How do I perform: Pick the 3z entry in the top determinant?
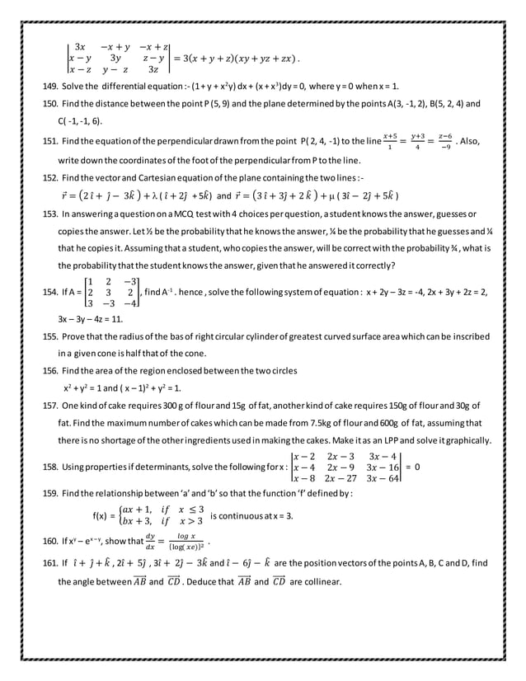(153, 69)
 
